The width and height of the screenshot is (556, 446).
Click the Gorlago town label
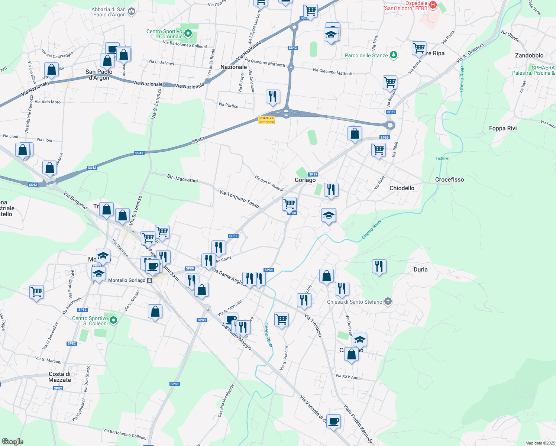tap(305, 180)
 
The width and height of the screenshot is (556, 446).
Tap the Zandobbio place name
tap(529, 55)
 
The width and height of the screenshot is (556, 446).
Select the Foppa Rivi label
tap(503, 128)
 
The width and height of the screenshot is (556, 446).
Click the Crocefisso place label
tap(449, 180)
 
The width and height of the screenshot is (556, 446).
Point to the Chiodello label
tap(402, 188)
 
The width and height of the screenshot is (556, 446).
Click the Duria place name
tap(420, 269)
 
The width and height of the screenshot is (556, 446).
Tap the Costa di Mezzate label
tap(59, 377)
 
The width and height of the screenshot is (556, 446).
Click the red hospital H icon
tap(433, 5)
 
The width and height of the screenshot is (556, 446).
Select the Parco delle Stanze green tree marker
tap(393, 55)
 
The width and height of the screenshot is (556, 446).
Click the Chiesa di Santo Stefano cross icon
tap(388, 301)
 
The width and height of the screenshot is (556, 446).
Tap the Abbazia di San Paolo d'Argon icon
tap(132, 12)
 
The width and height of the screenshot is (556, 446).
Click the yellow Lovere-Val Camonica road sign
tap(266, 120)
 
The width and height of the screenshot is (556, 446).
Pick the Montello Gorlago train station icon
tap(150, 280)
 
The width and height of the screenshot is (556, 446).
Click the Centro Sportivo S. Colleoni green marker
tap(114, 320)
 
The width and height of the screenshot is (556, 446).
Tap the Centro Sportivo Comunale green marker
tap(188, 34)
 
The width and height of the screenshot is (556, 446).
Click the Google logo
tap(12, 442)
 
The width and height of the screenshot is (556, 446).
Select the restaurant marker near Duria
tap(379, 266)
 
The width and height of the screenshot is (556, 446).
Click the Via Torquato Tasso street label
tap(239, 198)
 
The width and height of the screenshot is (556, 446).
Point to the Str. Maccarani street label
tap(182, 178)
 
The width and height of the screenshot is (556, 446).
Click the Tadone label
tap(442, 158)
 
